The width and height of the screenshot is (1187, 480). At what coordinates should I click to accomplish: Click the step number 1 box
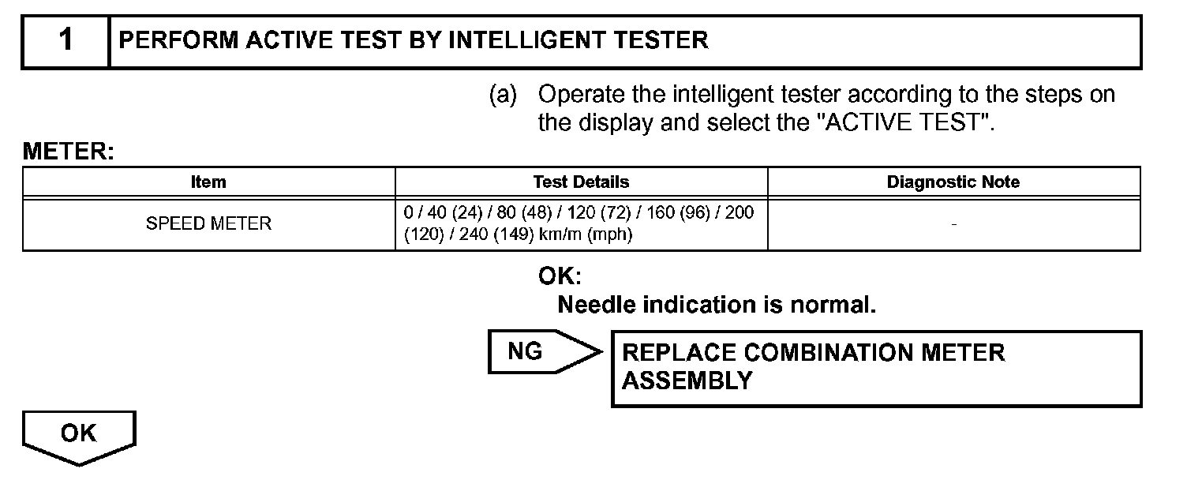click(66, 41)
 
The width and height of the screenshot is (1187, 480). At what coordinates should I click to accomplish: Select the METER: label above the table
click(69, 152)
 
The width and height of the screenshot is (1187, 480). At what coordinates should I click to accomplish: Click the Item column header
click(208, 182)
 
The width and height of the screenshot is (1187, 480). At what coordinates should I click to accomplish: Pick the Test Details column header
click(581, 182)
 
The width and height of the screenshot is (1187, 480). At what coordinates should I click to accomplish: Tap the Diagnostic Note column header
click(953, 182)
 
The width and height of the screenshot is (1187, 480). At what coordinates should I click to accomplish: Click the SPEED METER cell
click(208, 224)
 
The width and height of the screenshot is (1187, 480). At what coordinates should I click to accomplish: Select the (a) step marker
click(503, 96)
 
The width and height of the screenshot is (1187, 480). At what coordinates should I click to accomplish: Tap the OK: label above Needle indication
click(560, 276)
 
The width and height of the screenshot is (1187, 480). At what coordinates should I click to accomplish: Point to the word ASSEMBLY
click(687, 381)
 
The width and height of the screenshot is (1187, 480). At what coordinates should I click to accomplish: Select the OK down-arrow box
click(78, 436)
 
